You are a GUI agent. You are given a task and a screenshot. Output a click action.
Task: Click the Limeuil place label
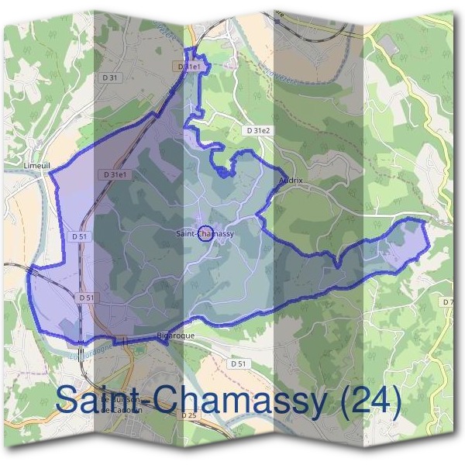click(x=38, y=166)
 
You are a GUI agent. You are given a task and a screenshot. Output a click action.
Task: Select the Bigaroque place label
click(x=175, y=336)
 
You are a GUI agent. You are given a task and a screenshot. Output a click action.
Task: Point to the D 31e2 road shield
click(x=257, y=131)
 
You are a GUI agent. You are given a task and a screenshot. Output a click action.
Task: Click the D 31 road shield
click(x=112, y=77)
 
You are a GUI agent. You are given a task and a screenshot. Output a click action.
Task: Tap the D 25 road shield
click(x=188, y=415)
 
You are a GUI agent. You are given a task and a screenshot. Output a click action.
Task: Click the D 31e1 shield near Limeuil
click(x=114, y=175)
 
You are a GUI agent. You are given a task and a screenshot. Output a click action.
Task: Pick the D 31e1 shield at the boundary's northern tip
click(x=190, y=67)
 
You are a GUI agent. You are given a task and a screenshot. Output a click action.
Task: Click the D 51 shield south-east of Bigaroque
click(x=238, y=363)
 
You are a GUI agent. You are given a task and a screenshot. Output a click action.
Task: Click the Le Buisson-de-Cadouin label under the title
click(x=115, y=405)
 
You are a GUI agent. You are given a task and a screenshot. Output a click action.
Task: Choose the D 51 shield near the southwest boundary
click(x=87, y=298)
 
